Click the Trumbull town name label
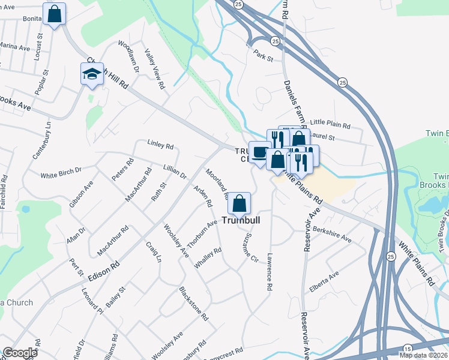(243, 220)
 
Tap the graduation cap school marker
(92, 74)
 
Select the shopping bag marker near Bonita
(54, 14)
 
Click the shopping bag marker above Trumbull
(240, 203)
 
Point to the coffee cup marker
(259, 152)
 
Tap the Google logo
(20, 353)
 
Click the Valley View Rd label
(153, 70)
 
